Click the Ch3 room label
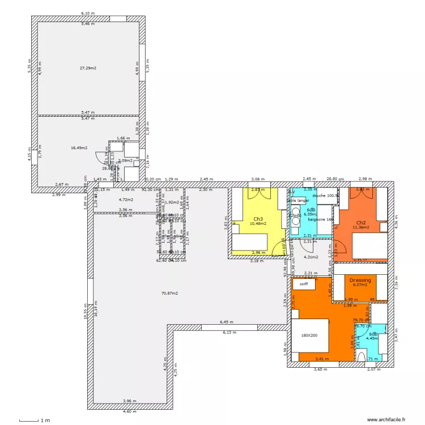(x=258, y=218)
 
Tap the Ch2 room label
(x=360, y=222)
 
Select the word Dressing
(x=360, y=280)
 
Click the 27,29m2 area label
(x=88, y=68)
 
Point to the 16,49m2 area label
(x=79, y=148)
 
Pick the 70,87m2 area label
(x=169, y=293)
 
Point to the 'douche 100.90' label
(x=325, y=195)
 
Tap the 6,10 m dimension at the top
(x=87, y=12)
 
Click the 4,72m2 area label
(x=126, y=199)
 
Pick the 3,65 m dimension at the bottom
(x=321, y=369)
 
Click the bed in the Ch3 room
(x=255, y=243)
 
